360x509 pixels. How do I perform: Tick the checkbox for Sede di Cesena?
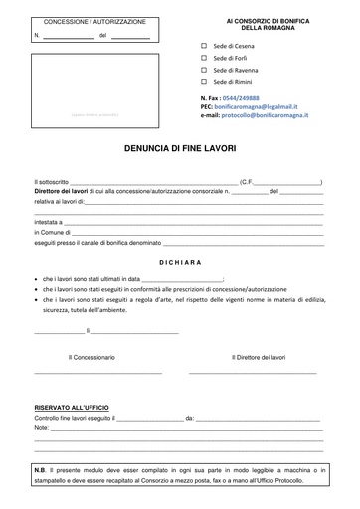204,46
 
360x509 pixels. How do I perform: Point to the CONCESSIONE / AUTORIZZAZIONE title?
93,21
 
